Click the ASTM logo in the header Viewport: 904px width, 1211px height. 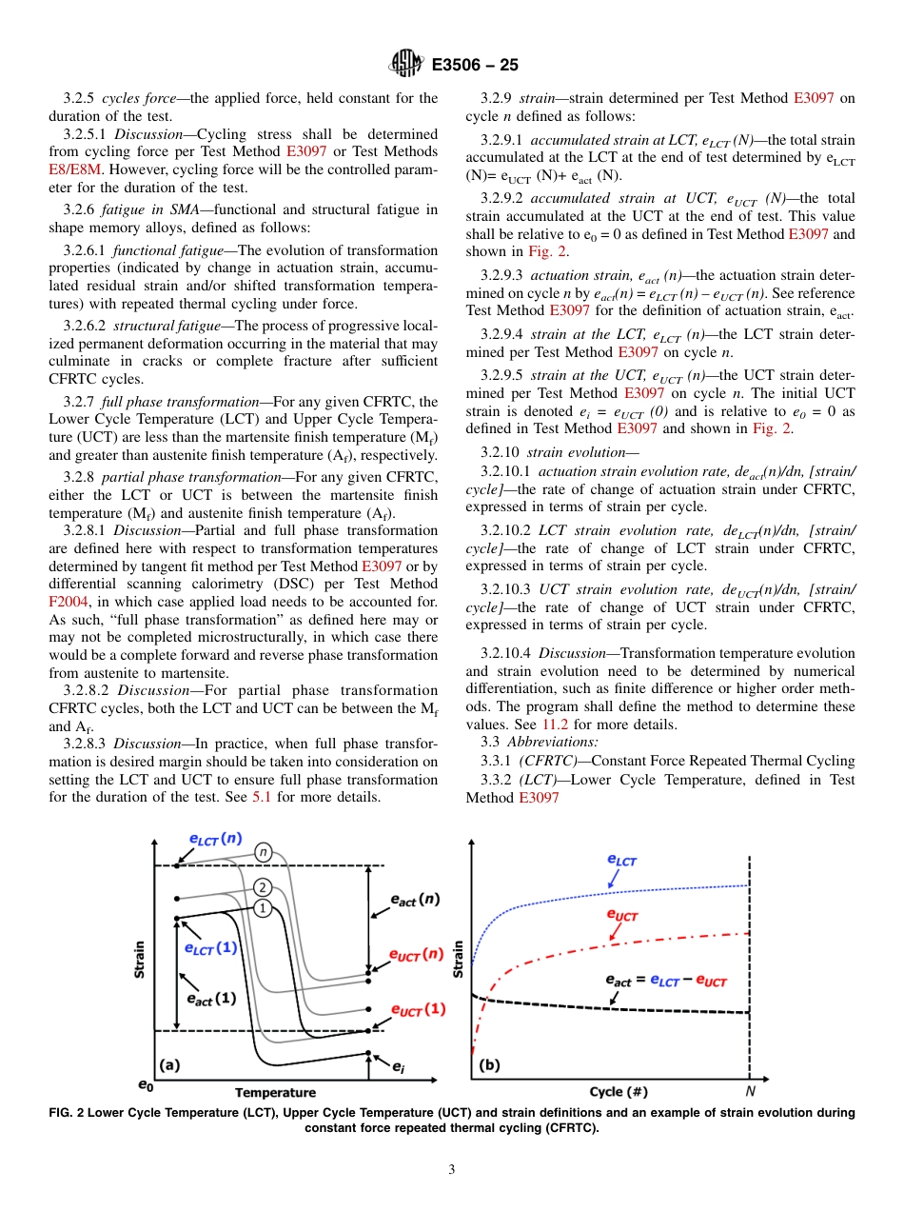406,65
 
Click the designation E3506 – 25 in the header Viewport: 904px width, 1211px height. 475,66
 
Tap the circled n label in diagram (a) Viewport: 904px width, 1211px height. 264,850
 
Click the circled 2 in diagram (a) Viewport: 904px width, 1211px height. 264,887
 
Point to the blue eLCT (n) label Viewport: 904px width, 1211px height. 214,839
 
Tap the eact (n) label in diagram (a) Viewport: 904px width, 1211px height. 416,898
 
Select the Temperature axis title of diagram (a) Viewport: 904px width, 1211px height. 275,1093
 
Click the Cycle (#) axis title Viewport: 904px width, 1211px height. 619,1092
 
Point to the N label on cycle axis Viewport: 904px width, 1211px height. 750,1092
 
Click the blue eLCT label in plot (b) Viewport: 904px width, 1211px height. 621,860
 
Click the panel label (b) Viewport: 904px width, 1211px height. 489,1065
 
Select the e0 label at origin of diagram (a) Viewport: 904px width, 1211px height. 146,1085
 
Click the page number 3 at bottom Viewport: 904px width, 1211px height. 451,1169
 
